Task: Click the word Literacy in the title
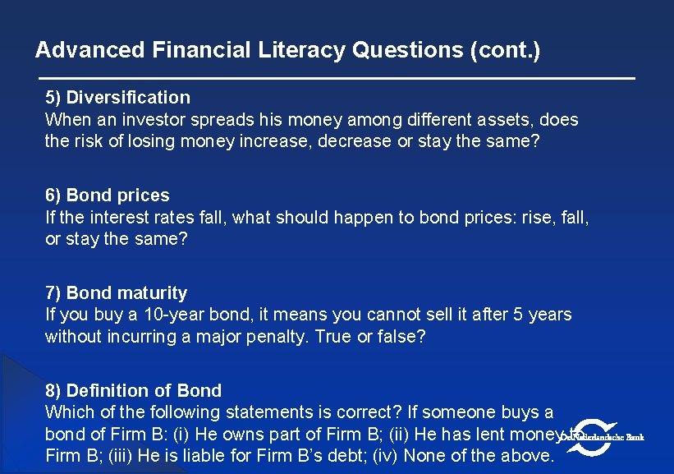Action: [x=301, y=50]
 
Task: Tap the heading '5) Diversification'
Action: [x=117, y=98]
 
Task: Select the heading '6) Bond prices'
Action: [x=108, y=196]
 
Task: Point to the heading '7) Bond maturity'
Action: [x=116, y=293]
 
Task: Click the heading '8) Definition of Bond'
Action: [x=133, y=391]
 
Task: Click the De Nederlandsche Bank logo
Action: [x=603, y=436]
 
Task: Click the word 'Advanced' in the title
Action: [x=90, y=50]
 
